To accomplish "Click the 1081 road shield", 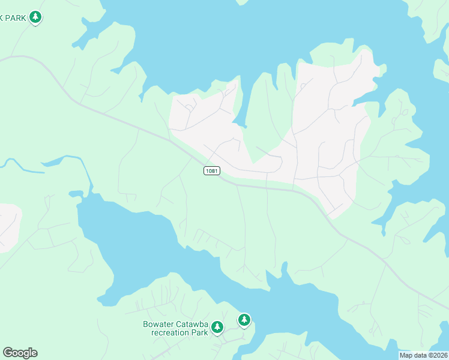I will tap(211, 171).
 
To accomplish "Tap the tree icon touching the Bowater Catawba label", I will tap(217, 327).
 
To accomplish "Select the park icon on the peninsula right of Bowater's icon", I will tap(244, 320).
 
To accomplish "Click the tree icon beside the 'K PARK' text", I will tap(36, 17).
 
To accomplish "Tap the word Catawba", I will tap(191, 325).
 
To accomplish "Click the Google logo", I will tap(20, 353).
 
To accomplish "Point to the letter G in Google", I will tap(8, 353).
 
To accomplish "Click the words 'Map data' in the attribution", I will tap(413, 355).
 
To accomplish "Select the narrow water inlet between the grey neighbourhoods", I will tap(240, 108).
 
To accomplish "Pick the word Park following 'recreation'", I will tap(199, 332).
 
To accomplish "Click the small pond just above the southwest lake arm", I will tap(76, 193).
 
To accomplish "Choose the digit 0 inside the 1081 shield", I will tap(209, 171).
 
